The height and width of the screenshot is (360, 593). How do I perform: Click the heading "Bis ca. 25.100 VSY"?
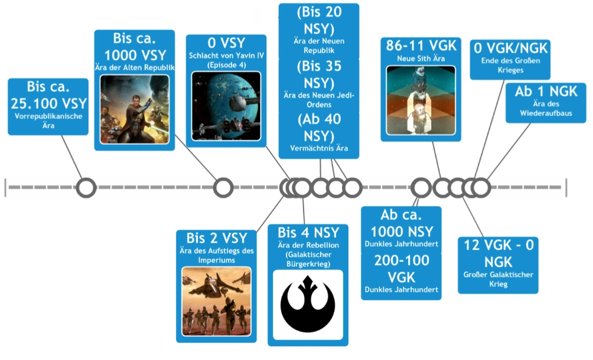(x=48, y=95)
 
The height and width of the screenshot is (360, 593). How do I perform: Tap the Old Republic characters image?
(x=135, y=109)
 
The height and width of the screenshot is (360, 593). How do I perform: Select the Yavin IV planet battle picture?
(x=226, y=106)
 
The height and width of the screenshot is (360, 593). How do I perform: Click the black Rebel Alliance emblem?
(x=308, y=304)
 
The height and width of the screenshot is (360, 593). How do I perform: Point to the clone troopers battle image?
(x=216, y=301)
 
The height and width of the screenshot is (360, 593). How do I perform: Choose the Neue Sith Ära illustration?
(x=421, y=100)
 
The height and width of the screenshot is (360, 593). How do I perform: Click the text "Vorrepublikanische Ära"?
(x=48, y=121)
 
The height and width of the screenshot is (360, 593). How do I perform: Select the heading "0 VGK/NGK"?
(x=510, y=48)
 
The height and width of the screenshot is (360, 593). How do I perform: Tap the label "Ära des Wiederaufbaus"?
(x=546, y=108)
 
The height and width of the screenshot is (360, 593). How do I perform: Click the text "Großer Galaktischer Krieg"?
(x=498, y=280)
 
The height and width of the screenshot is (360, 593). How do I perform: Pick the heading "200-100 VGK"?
(x=402, y=269)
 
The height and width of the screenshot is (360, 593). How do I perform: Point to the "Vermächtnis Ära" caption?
(x=319, y=148)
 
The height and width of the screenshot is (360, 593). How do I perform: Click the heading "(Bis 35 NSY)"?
(x=319, y=74)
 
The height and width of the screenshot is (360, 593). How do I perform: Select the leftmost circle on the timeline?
(x=86, y=188)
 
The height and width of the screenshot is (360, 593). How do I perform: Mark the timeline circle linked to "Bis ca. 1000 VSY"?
(x=223, y=188)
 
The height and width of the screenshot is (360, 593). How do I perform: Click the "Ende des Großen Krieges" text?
(x=510, y=65)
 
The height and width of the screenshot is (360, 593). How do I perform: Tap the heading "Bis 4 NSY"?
(x=308, y=232)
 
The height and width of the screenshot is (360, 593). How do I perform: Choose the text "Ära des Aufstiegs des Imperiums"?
(x=217, y=255)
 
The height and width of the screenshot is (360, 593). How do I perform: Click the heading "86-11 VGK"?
(x=421, y=46)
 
